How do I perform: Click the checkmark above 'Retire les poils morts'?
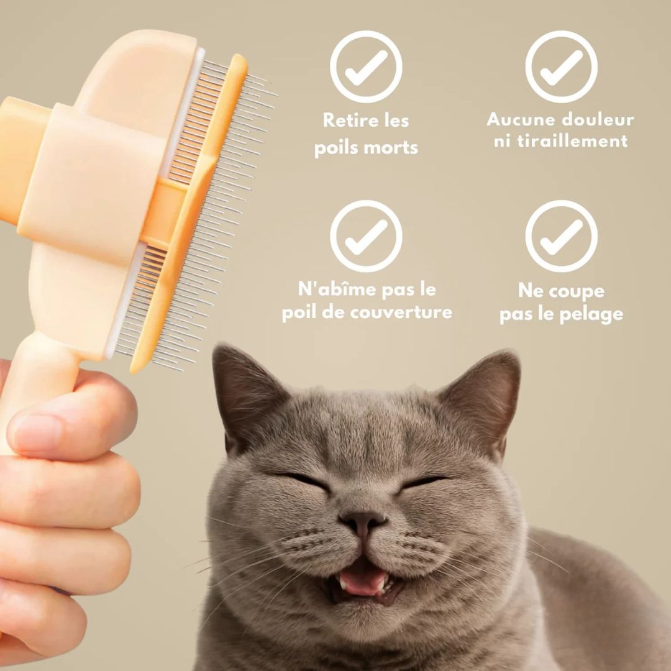point(366,66)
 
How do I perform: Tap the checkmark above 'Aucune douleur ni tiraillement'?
point(561,66)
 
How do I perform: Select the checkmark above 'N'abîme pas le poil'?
point(366,236)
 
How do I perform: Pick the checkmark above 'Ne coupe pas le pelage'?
point(561,236)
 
